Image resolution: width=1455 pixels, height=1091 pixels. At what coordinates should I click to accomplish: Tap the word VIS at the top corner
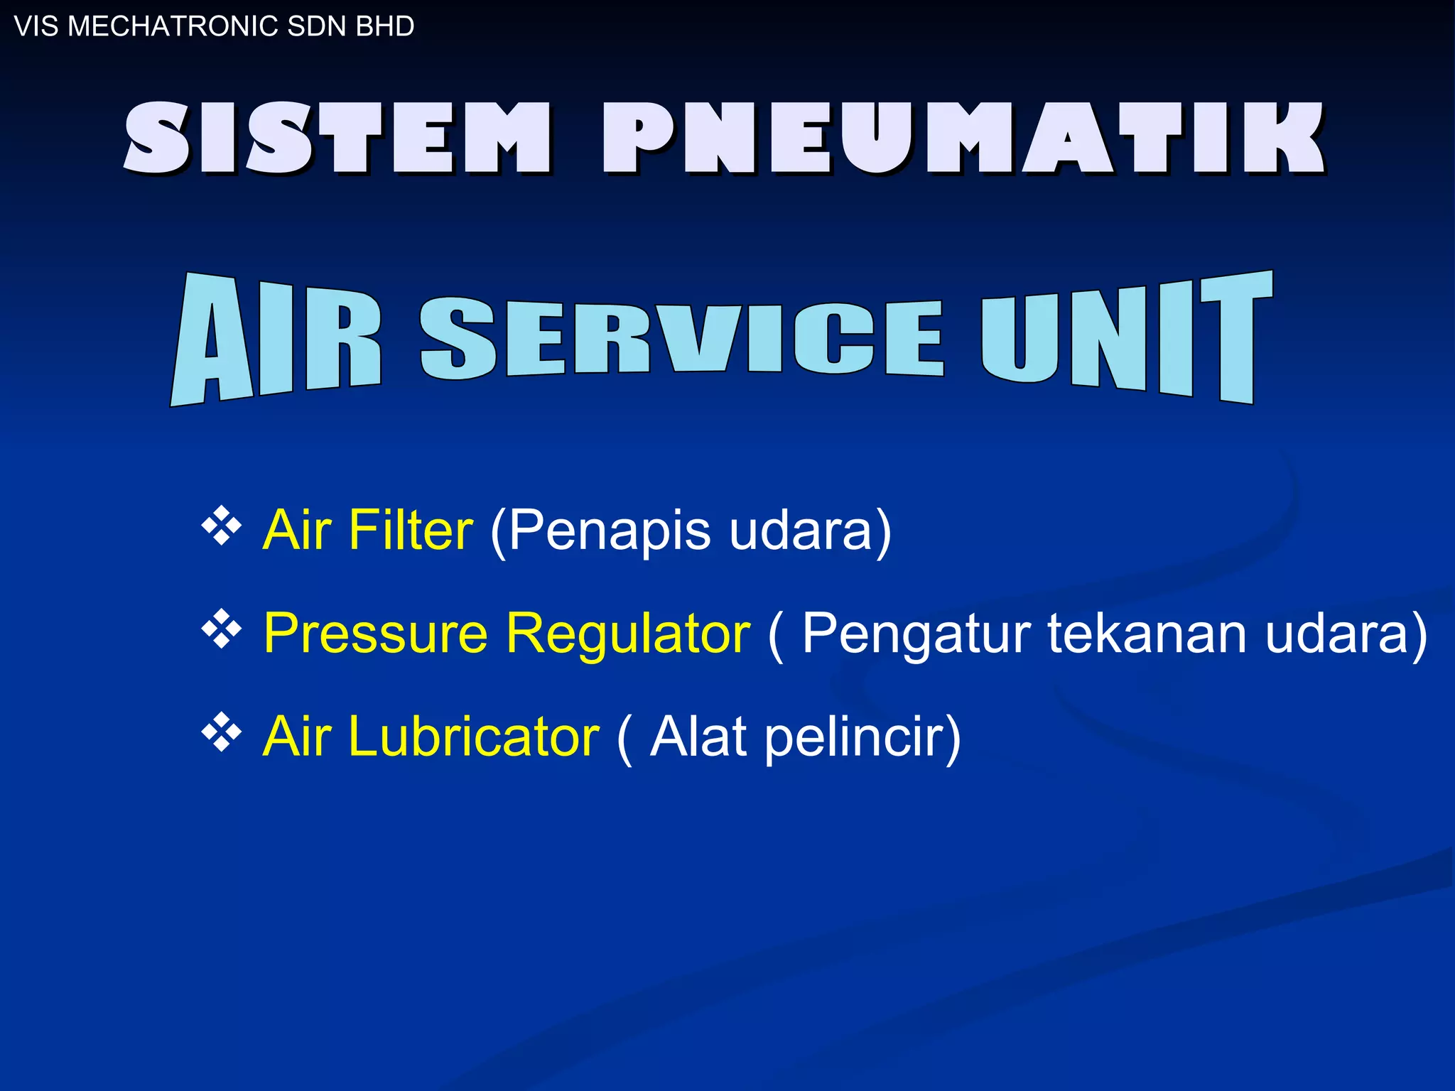coord(36,26)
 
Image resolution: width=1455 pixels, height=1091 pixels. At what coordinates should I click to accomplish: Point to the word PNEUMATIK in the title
coord(963,137)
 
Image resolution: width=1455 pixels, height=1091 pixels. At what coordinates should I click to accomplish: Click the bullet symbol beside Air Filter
coord(222,526)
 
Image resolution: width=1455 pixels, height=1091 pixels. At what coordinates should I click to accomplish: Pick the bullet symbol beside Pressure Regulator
coord(222,629)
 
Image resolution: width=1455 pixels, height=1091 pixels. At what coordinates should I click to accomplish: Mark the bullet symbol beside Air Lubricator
coord(222,732)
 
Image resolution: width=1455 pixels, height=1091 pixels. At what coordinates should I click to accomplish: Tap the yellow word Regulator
coord(628,634)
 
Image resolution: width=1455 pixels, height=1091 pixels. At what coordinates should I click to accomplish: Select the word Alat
coord(698,736)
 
